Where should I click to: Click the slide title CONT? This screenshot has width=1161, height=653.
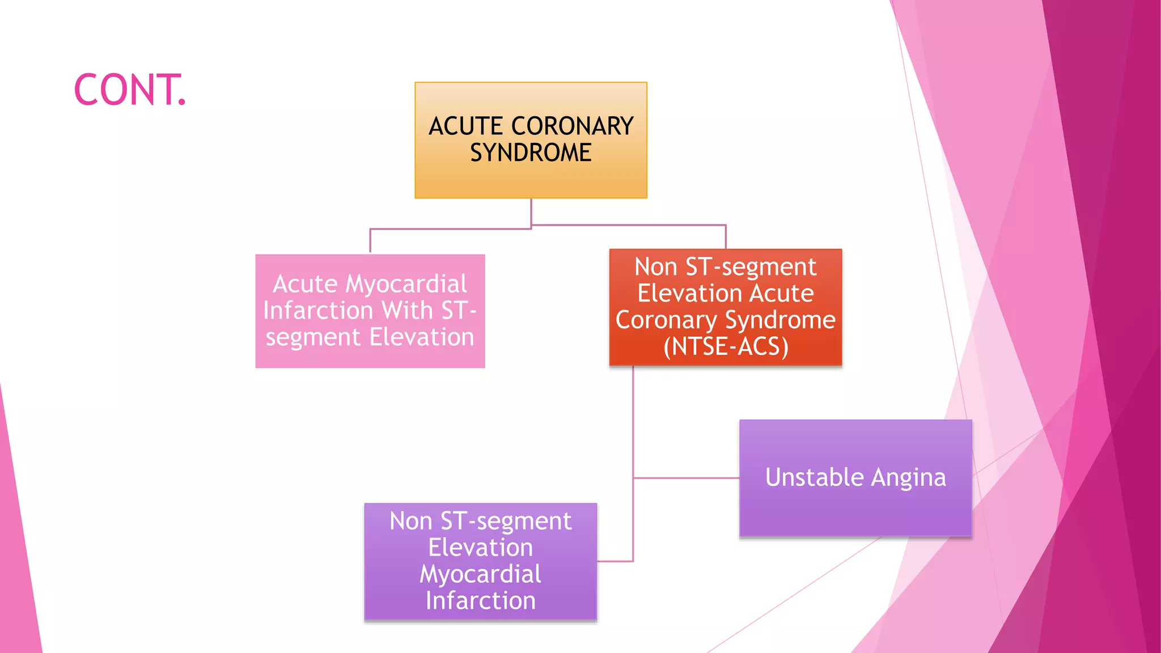coord(130,90)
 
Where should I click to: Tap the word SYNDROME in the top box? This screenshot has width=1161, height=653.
coord(531,153)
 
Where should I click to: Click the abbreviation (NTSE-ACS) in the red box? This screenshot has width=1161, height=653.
coord(726,347)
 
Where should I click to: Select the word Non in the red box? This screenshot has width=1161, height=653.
coord(655,267)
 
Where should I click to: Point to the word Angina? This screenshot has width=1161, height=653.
coord(908,478)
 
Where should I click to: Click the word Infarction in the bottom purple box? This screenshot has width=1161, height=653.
coord(480,601)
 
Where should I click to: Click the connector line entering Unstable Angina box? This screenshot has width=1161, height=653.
coord(686,478)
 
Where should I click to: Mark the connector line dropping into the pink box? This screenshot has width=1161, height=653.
coord(370,241)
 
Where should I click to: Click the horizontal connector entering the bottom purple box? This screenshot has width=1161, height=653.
coord(615,561)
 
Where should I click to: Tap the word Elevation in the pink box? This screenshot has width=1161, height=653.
coord(422,337)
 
